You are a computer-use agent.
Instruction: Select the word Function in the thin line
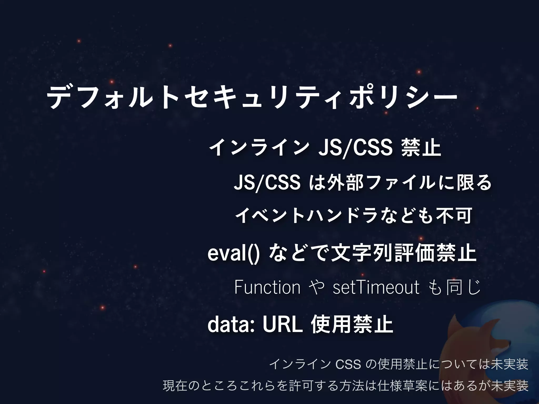click(x=267, y=287)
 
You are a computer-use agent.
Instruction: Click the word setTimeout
click(x=376, y=287)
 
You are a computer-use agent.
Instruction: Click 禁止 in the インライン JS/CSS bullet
click(x=421, y=148)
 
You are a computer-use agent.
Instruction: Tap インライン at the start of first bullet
click(x=259, y=148)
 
